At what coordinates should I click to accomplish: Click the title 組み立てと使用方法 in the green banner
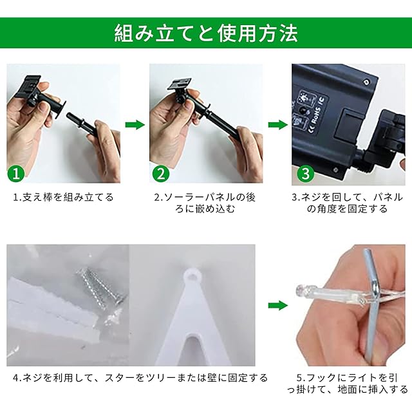(206, 33)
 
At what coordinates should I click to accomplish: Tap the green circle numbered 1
(16, 173)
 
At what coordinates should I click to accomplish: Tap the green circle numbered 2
(161, 173)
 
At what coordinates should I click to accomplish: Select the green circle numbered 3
(306, 173)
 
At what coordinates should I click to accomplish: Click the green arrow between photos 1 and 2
(135, 124)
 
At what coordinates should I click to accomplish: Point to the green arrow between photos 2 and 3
(278, 124)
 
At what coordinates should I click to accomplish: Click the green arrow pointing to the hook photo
(278, 305)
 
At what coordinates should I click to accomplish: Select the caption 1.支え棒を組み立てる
(63, 197)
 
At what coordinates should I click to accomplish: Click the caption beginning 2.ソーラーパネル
(205, 203)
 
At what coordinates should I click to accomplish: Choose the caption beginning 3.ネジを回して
(347, 203)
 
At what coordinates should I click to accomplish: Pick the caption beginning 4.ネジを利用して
(140, 378)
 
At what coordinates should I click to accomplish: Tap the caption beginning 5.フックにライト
(348, 384)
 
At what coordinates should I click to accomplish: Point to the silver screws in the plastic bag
(101, 288)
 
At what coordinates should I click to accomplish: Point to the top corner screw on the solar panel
(366, 82)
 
